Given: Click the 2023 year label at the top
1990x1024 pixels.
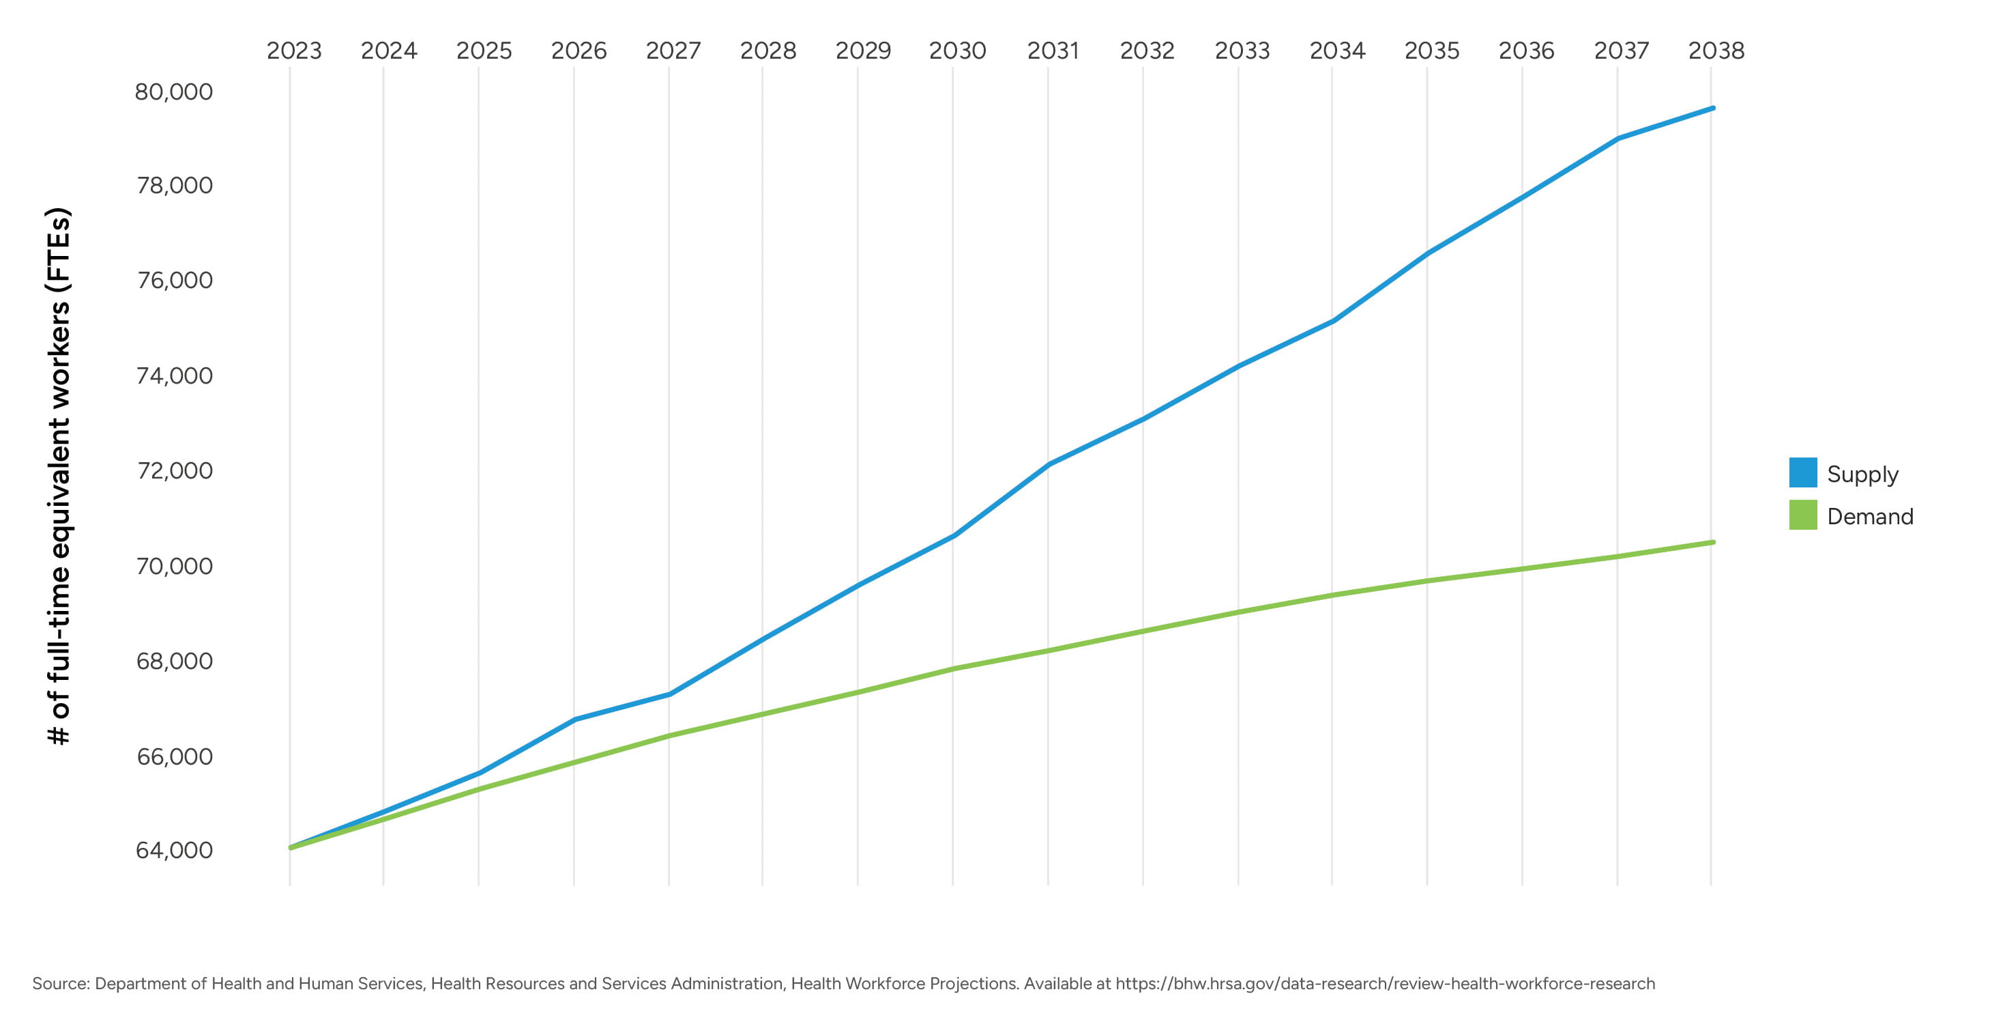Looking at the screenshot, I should coord(293,51).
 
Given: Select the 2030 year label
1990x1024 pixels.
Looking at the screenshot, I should coord(957,51).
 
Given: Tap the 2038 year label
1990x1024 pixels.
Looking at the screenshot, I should coord(1716,51).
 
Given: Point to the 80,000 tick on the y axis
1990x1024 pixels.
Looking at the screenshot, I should coord(174,92).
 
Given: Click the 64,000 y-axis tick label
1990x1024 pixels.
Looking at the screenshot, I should coord(174,850).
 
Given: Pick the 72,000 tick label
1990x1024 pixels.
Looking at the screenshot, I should coord(174,470).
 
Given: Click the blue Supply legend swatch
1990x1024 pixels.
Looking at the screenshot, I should coord(1802,473).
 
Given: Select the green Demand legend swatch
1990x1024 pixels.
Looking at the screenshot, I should coord(1802,515).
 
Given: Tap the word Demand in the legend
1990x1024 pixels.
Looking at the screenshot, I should coord(1869,516).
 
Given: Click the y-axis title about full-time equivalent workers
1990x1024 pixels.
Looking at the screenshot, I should coord(59,475).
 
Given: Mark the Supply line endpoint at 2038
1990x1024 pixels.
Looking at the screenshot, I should coord(1712,108).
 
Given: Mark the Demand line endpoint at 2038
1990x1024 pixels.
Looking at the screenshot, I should coord(1712,543).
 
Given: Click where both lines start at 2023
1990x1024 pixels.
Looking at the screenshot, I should coord(291,848).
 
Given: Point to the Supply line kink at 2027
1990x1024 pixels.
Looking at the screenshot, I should coord(669,694).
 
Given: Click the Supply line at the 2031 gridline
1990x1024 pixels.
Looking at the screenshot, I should coord(1049,464).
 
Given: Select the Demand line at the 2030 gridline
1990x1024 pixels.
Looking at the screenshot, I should coord(953,668).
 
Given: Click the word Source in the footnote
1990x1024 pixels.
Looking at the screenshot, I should coord(60,984).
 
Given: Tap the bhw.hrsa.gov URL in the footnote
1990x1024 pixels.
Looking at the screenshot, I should coord(1384,984).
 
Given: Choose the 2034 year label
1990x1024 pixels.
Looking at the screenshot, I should coord(1336,51).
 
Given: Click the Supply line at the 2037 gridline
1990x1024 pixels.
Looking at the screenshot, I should coord(1618,139).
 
